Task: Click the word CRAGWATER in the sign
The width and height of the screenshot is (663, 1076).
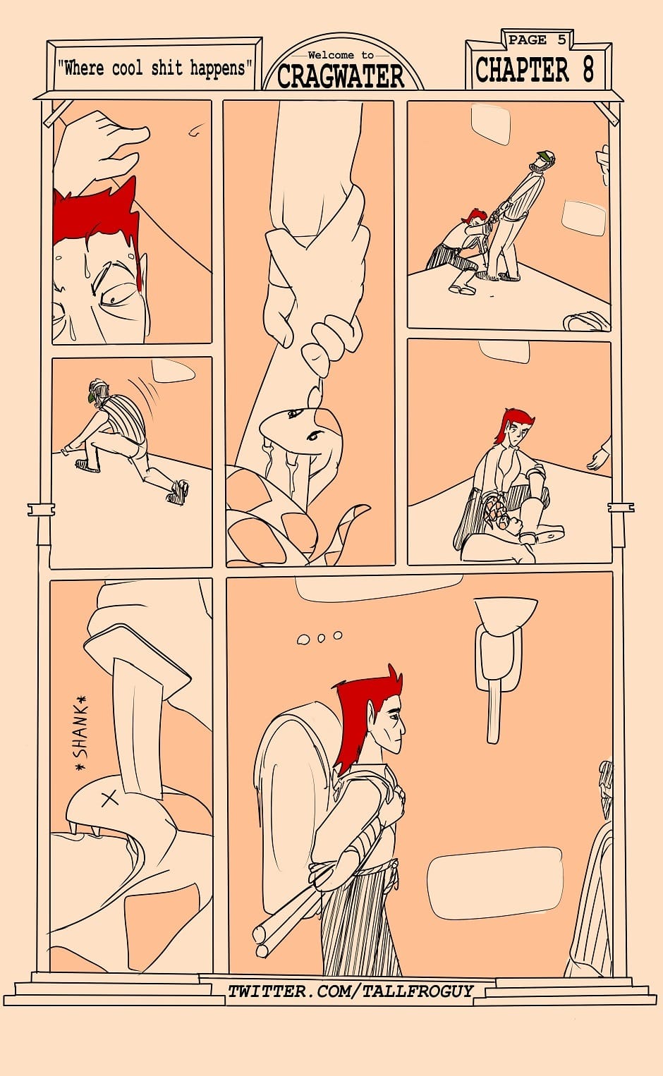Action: coord(341,77)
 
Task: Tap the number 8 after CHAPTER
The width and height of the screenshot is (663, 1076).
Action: coord(588,69)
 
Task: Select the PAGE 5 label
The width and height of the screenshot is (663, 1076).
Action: coord(537,40)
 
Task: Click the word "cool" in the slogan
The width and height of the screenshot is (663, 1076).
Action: coord(128,68)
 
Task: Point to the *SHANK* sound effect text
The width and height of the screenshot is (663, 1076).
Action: coord(80,733)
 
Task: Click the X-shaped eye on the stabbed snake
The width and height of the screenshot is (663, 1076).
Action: coord(110,798)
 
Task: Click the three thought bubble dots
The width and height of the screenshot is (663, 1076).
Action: coord(320,637)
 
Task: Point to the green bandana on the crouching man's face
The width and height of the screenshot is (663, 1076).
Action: coord(90,396)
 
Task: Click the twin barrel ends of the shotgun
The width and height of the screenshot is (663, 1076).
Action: coord(260,941)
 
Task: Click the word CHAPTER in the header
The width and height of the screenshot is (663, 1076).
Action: coord(522,70)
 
